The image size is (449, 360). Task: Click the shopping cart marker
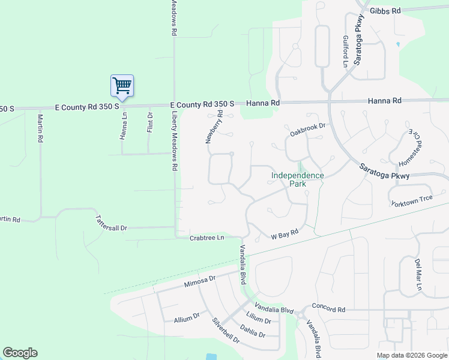click(x=122, y=86)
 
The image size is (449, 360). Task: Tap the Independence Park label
click(x=297, y=180)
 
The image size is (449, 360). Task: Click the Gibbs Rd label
click(x=385, y=11)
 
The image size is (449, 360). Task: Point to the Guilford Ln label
click(x=346, y=51)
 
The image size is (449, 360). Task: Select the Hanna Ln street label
click(x=124, y=127)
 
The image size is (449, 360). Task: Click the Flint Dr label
click(x=150, y=122)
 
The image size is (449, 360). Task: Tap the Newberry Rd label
click(x=214, y=127)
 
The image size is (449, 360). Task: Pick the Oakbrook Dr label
click(x=307, y=127)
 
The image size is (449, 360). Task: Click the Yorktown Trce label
click(x=412, y=200)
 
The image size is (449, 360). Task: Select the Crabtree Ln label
click(x=206, y=238)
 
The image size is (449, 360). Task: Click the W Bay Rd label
click(x=284, y=232)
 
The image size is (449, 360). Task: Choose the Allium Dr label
click(x=187, y=317)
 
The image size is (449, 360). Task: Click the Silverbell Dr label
click(x=226, y=329)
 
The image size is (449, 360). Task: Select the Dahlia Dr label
click(x=252, y=331)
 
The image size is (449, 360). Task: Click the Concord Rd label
click(x=329, y=310)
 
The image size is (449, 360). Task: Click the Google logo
click(x=20, y=353)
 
